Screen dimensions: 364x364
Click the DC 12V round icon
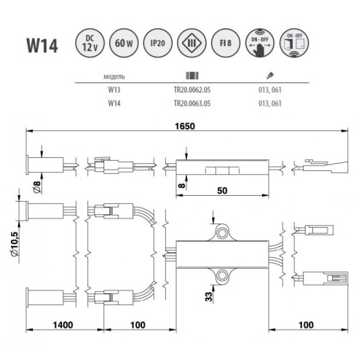tap(90, 43)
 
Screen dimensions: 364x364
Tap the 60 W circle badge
tap(124, 43)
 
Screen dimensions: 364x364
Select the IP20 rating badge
tap(158, 43)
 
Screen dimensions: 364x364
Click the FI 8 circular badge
tap(226, 43)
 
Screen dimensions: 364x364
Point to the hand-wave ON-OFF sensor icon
tap(260, 43)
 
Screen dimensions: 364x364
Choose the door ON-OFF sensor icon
tap(294, 43)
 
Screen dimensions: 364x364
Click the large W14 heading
tap(42, 45)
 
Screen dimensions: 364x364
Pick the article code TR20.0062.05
tap(192, 90)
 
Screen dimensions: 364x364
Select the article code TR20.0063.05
tap(192, 103)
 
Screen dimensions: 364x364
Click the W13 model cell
tap(114, 90)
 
